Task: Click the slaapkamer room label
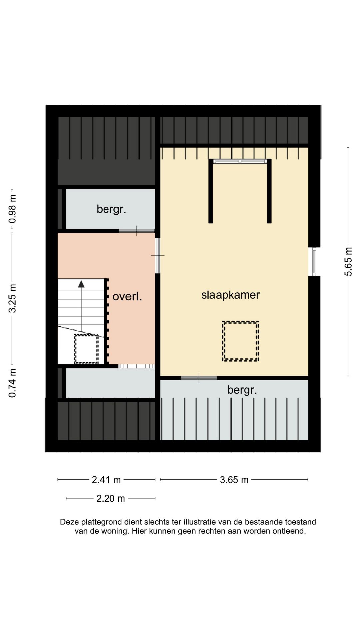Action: tap(230, 295)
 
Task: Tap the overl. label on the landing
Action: tap(127, 296)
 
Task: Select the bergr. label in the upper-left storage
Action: tap(111, 209)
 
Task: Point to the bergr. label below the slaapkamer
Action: tap(242, 390)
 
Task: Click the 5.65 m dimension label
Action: tap(348, 262)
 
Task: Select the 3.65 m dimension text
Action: tap(234, 480)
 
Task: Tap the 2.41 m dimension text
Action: tap(106, 480)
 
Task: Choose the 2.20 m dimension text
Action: tap(111, 498)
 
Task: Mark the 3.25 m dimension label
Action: tap(12, 298)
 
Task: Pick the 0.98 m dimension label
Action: tap(12, 209)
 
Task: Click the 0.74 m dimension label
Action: tap(12, 383)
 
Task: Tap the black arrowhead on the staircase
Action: tap(81, 284)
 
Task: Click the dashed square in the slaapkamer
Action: tap(241, 341)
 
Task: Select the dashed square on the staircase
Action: tap(86, 349)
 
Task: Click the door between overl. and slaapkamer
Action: tap(158, 256)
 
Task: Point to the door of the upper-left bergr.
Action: tap(137, 231)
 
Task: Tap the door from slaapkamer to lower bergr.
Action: tap(199, 378)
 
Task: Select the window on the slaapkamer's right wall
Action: tap(314, 262)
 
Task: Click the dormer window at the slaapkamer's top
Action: tap(240, 162)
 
